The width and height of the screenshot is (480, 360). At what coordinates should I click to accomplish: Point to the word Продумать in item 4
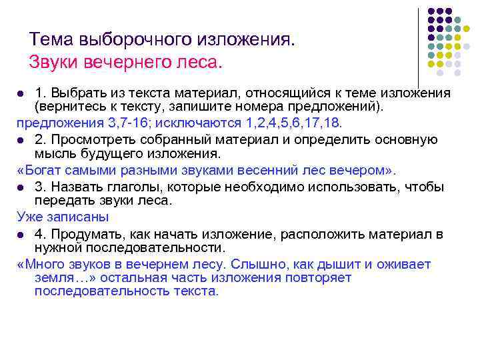86,234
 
